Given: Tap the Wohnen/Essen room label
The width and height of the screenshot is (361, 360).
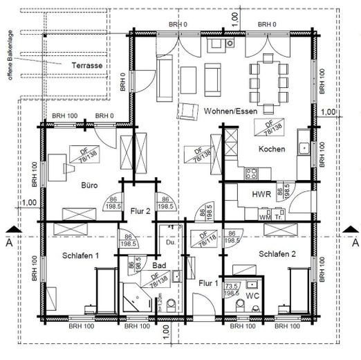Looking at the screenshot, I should click(x=229, y=111).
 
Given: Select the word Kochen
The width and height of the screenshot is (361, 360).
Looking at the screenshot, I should click(x=272, y=150).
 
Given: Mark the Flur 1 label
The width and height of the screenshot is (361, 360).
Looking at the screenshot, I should click(x=207, y=282).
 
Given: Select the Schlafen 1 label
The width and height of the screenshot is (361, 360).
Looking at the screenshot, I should click(x=77, y=255).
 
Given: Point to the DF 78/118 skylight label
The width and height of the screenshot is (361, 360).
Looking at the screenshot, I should click(x=205, y=237).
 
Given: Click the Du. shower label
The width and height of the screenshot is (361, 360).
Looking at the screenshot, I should click(x=169, y=242).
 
